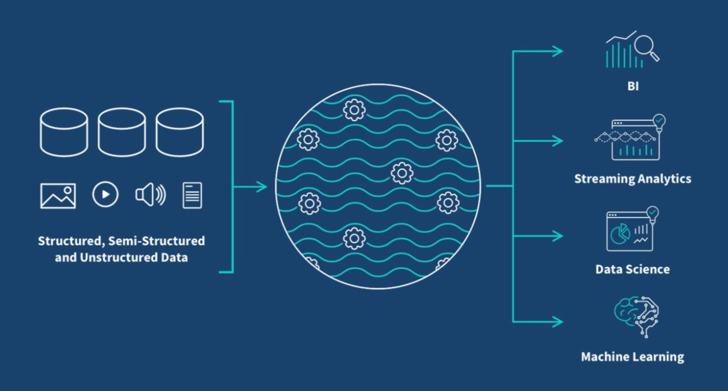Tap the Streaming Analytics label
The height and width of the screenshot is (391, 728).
point(633,179)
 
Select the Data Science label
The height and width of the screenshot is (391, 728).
point(633,270)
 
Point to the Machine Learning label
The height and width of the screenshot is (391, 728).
point(632,357)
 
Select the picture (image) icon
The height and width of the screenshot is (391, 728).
point(58,195)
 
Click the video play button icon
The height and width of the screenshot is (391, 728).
point(105,195)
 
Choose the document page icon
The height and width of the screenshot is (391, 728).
point(192,195)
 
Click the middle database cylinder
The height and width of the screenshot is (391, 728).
point(122,132)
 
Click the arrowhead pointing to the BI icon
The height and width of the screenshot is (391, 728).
point(558,51)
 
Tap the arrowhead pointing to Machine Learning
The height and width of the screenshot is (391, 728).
point(558,322)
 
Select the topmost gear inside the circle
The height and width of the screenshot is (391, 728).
point(352,109)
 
